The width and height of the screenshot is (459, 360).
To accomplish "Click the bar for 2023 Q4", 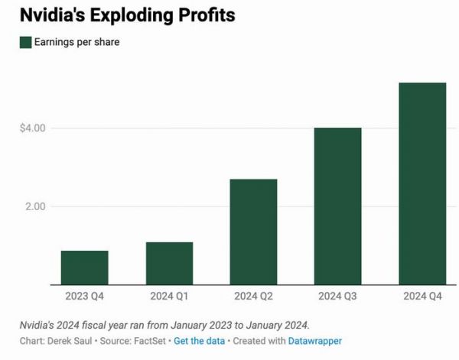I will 84,268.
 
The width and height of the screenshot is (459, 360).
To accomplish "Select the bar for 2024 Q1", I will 169,264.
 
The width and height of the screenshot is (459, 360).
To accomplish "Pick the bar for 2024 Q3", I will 337,206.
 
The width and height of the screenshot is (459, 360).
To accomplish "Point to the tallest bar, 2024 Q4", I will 422,183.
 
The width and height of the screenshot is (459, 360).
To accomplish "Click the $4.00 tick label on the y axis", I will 33,128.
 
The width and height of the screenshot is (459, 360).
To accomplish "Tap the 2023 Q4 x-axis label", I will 84,295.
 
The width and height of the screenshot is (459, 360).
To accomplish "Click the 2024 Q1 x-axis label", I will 169,295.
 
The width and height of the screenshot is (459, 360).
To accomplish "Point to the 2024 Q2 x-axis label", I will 253,295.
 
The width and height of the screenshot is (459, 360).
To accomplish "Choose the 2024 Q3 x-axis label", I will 337,295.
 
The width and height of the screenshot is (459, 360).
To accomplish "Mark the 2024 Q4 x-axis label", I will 422,295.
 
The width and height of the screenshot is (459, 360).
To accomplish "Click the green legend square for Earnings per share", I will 25,43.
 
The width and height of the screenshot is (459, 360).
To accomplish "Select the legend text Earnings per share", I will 76,43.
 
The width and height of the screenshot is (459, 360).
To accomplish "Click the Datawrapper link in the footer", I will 314,341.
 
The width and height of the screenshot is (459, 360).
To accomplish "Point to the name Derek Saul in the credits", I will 73,341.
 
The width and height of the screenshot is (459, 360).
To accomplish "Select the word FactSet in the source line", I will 149,341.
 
